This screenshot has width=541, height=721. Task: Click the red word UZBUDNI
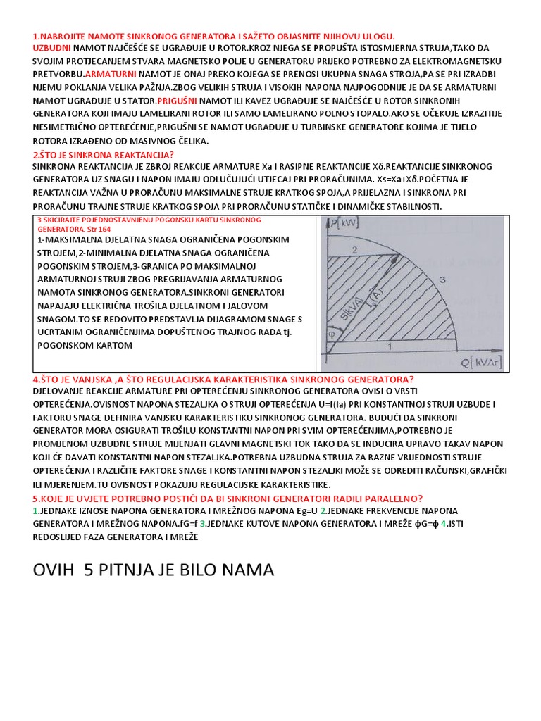coord(51,48)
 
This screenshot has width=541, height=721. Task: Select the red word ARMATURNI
coord(111,73)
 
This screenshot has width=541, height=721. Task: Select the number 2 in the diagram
coord(356,250)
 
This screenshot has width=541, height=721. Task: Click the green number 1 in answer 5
coord(35,510)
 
